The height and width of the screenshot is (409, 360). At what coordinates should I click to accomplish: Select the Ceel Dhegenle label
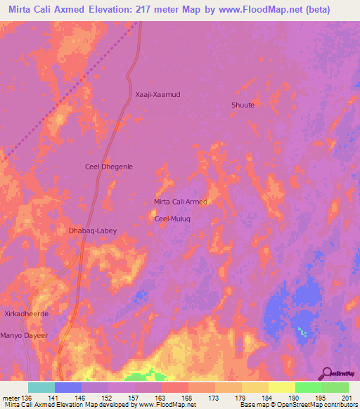[109, 167]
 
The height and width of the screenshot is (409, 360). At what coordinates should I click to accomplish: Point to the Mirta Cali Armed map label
[181, 202]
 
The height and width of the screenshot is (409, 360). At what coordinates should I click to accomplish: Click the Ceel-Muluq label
[173, 219]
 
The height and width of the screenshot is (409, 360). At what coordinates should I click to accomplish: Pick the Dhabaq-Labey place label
[92, 231]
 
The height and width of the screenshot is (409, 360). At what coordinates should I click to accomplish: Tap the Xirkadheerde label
[26, 313]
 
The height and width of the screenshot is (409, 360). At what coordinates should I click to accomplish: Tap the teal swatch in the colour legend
[41, 387]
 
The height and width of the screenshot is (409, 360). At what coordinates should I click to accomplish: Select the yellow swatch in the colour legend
[281, 387]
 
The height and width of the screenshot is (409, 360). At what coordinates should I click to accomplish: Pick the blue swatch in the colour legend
[68, 387]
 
